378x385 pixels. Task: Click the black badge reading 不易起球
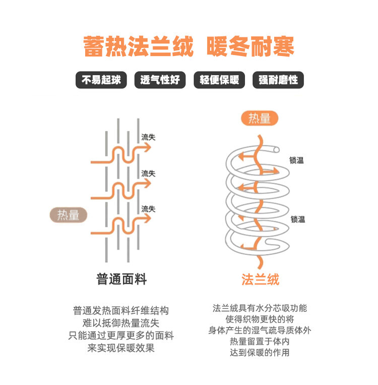[x=101, y=80]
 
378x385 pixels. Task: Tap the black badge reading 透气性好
[x=160, y=80]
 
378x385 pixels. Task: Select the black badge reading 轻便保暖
[x=219, y=80]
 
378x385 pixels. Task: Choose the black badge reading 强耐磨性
[x=278, y=80]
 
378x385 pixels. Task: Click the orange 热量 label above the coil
[x=260, y=119]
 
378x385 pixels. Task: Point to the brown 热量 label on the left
[x=69, y=215]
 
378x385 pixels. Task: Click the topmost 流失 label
[x=148, y=137]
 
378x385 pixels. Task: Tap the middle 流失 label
[x=148, y=173]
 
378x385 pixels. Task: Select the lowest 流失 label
[x=148, y=208]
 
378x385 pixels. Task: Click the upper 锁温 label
[x=297, y=160]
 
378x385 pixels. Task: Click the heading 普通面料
[x=121, y=279]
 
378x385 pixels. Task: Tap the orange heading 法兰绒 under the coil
[x=260, y=279]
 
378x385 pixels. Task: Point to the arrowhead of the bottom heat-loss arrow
[x=147, y=218]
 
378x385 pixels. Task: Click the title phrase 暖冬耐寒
[x=250, y=46]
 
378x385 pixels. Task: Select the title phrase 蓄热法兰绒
[x=139, y=46]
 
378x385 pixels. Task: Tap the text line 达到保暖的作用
[x=260, y=353]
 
